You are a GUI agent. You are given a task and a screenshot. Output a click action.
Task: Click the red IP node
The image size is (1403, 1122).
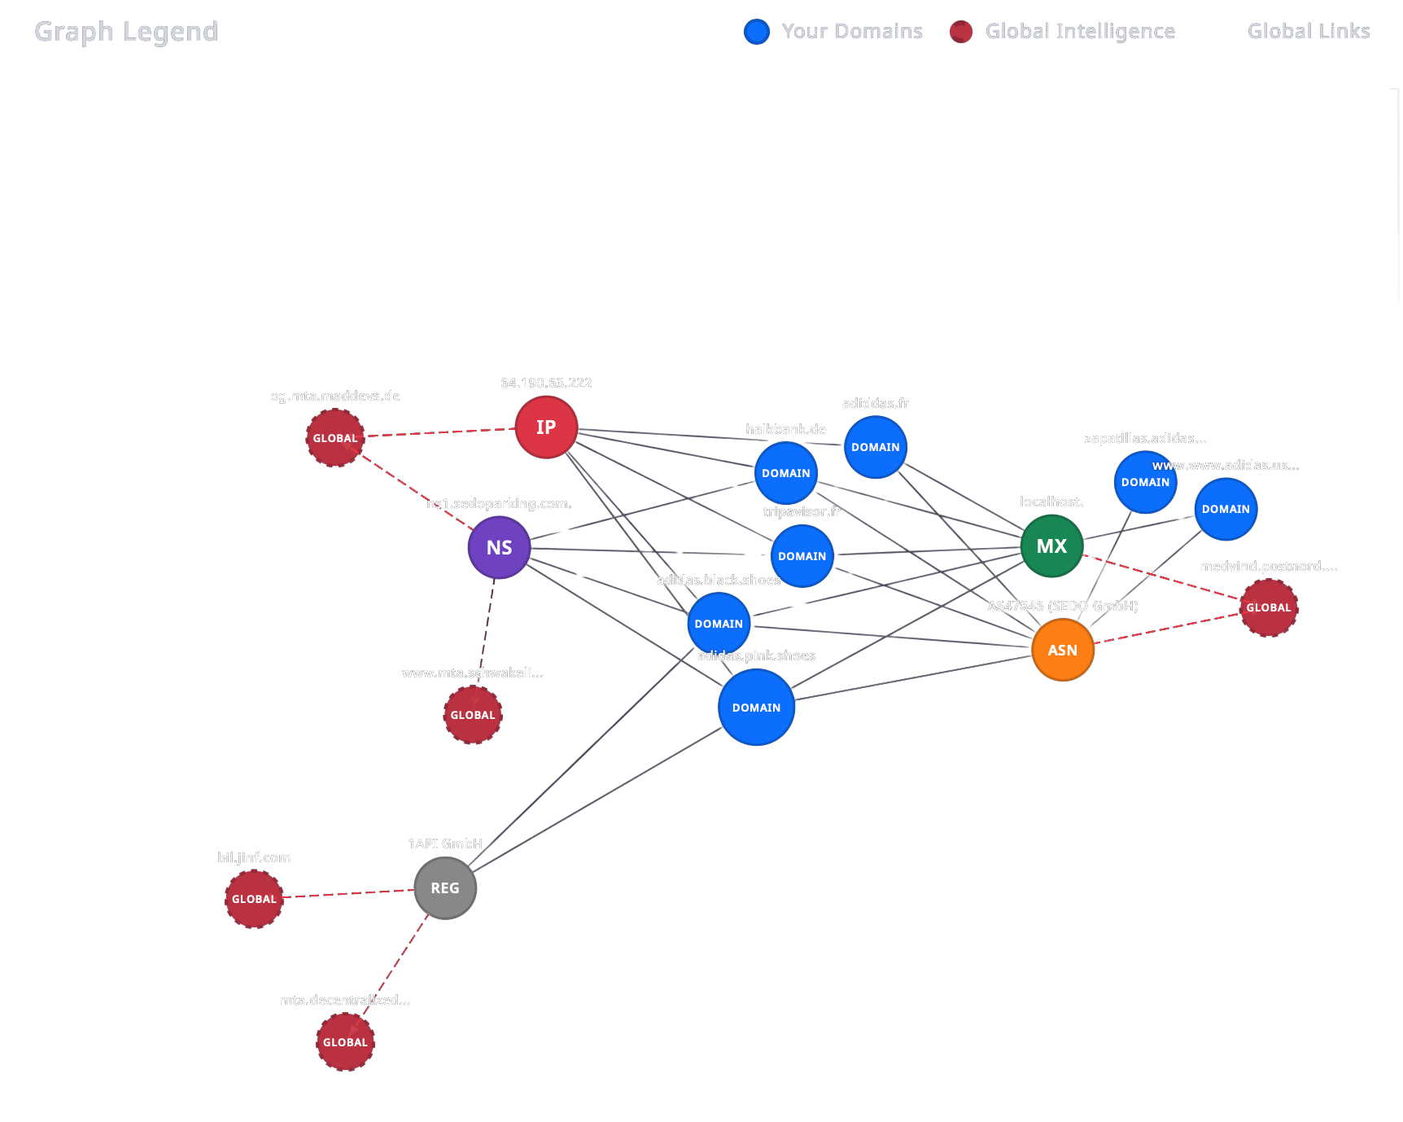coord(546,427)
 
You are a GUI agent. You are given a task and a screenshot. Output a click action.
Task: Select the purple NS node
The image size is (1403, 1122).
coord(499,548)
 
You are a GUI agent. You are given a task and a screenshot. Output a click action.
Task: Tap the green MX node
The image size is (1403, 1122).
coord(1051,546)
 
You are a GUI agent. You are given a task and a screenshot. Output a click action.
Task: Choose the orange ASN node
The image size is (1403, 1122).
coord(1062,650)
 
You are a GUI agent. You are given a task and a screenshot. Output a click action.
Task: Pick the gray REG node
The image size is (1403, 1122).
coord(445,888)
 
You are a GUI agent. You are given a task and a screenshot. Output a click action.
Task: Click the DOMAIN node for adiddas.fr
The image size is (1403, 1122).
coord(876,447)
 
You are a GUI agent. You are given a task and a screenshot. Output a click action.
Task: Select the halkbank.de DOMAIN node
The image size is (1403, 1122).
coord(785,473)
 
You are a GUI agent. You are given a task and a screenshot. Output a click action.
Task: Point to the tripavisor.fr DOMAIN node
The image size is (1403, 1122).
coord(802,556)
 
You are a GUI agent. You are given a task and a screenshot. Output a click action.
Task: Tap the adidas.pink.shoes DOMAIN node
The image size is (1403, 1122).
coord(756,708)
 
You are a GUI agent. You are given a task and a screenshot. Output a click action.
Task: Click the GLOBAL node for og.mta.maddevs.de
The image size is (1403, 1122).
coord(335,438)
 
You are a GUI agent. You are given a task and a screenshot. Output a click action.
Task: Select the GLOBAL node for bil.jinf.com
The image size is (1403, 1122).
coord(254,899)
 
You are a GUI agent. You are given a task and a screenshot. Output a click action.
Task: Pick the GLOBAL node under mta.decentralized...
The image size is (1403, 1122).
coord(345,1042)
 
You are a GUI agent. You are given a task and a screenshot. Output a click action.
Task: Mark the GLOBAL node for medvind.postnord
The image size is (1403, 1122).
coord(1268,607)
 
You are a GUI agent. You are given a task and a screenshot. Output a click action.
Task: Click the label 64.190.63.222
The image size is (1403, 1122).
coord(546,383)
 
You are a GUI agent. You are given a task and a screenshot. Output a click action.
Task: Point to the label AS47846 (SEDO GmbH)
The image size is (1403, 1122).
coord(1062,606)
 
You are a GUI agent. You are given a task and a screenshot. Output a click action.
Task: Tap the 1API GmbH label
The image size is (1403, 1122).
coord(445,844)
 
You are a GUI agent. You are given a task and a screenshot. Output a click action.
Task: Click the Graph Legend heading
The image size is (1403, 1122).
coord(126,31)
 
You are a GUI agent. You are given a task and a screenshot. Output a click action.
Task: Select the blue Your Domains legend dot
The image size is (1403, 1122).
coord(757,32)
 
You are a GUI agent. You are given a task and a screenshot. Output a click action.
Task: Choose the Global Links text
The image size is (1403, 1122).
coord(1308,31)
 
